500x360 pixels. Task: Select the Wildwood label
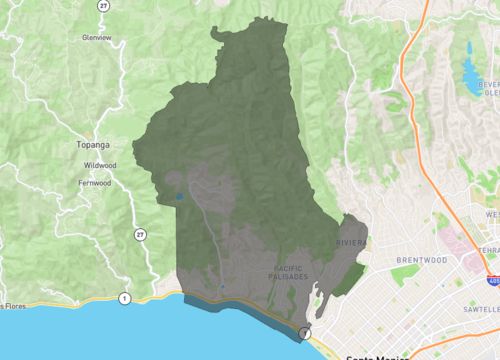click(x=100, y=165)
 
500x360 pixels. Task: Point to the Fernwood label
click(x=95, y=184)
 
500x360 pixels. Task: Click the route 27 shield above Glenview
click(x=104, y=6)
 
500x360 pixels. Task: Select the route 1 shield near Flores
click(x=124, y=298)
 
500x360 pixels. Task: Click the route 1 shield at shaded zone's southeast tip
click(x=306, y=332)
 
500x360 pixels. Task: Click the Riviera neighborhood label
click(x=351, y=242)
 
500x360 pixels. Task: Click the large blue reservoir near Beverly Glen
click(x=470, y=76)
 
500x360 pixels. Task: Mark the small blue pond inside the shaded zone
click(x=179, y=197)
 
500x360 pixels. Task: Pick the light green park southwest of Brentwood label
click(x=405, y=274)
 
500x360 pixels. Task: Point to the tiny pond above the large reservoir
click(x=468, y=48)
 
